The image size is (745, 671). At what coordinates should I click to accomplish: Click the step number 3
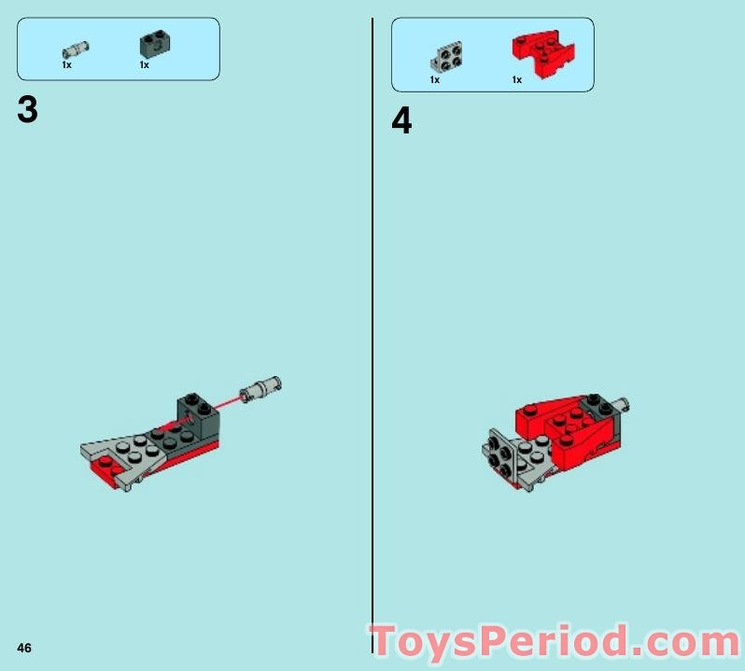(x=27, y=110)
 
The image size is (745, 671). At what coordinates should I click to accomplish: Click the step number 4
(x=401, y=120)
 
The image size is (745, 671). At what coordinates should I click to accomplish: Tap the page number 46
(x=24, y=648)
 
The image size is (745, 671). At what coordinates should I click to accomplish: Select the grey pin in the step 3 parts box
(x=75, y=49)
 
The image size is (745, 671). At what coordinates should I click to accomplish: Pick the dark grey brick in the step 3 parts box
(x=155, y=45)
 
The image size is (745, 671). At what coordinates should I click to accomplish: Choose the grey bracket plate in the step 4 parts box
(x=446, y=57)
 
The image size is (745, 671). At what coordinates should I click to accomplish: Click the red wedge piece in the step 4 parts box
(x=543, y=54)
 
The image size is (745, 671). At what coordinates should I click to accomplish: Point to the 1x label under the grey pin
(x=66, y=65)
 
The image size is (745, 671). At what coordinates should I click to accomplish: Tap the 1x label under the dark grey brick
(x=145, y=65)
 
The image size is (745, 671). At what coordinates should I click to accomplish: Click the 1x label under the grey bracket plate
(x=435, y=79)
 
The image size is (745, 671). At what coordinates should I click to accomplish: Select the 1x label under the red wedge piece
(x=517, y=79)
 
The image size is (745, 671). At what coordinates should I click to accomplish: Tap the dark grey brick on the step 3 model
(x=199, y=415)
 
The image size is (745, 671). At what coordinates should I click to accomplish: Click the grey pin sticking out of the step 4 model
(x=622, y=405)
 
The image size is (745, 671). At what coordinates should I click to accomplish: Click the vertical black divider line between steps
(x=372, y=336)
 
